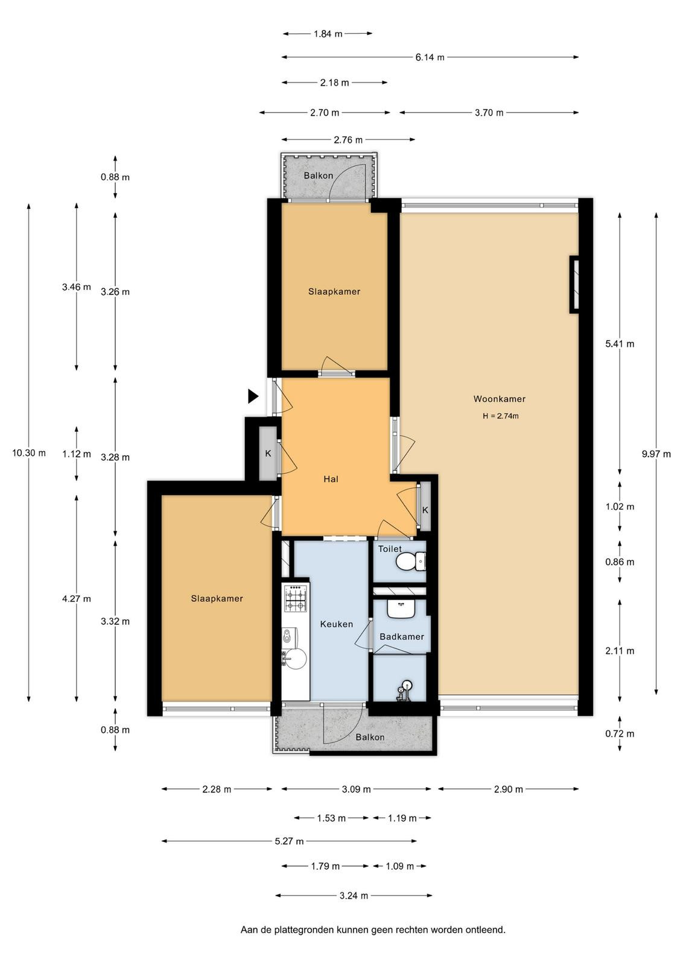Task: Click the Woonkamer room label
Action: pyautogui.click(x=500, y=399)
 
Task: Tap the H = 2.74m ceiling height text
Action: pyautogui.click(x=500, y=416)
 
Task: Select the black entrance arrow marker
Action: pyautogui.click(x=253, y=396)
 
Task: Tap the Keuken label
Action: pyautogui.click(x=337, y=624)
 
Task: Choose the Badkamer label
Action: pyautogui.click(x=402, y=637)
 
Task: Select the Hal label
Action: pyautogui.click(x=331, y=479)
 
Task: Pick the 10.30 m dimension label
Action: pyautogui.click(x=29, y=453)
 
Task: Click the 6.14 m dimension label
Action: pyautogui.click(x=430, y=57)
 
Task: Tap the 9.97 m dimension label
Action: pyautogui.click(x=656, y=454)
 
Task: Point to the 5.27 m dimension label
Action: pyautogui.click(x=289, y=841)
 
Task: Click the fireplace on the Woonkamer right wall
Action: pyautogui.click(x=574, y=284)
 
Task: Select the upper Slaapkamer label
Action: pyautogui.click(x=334, y=292)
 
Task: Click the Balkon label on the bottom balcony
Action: pyautogui.click(x=370, y=737)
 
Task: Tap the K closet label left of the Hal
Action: pyautogui.click(x=268, y=454)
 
